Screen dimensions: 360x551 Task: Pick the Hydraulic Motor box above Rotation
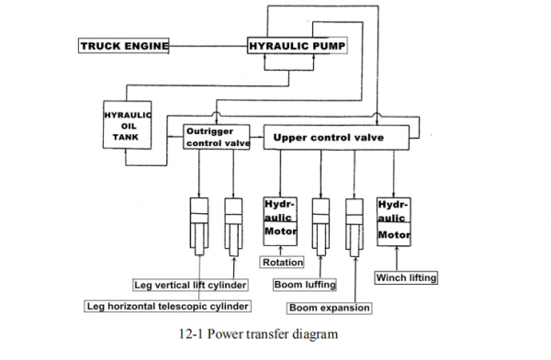click(280, 219)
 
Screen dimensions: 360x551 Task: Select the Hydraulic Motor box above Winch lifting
click(394, 219)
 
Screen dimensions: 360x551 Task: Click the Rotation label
click(282, 263)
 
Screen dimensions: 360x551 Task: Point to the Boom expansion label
click(329, 308)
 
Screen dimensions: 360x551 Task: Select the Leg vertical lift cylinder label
click(190, 285)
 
